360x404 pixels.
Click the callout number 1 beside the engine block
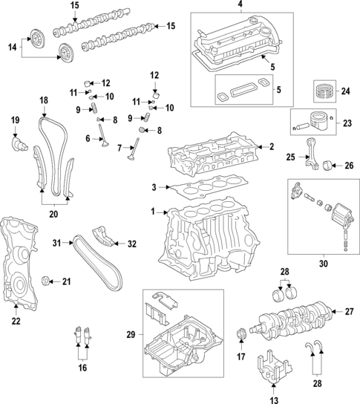pos(152,212)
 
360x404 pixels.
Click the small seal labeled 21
pos(48,280)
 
